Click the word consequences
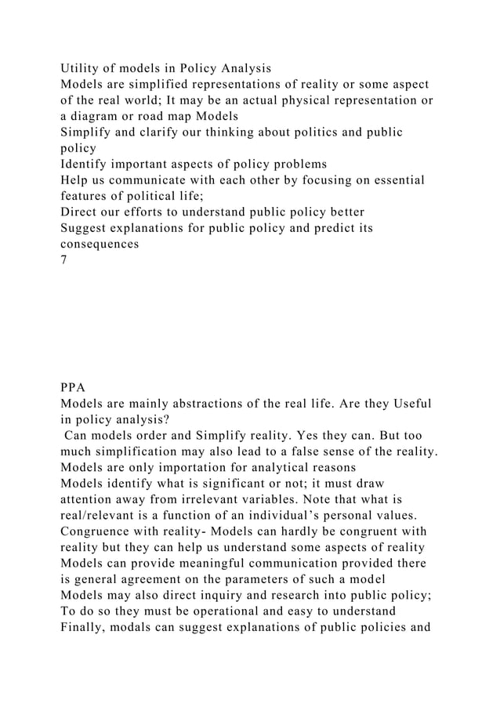pos(100,245)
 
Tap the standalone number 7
pos(63,261)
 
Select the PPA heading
pos(73,386)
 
